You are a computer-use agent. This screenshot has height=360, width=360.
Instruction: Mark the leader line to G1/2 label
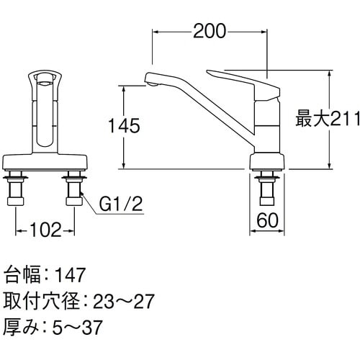click(89, 202)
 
